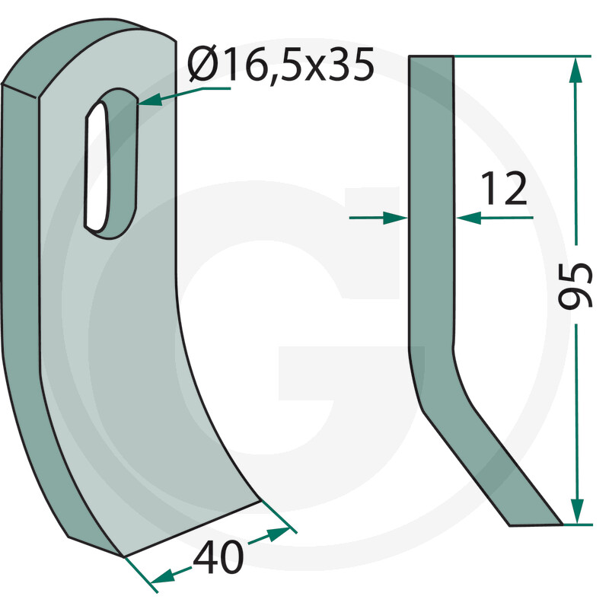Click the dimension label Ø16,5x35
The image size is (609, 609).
tap(280, 64)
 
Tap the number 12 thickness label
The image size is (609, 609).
tap(504, 189)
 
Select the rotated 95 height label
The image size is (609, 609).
tap(576, 285)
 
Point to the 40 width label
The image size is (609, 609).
tap(218, 558)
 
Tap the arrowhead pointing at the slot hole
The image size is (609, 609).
tap(148, 100)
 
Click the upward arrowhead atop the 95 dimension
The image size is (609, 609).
tap(576, 70)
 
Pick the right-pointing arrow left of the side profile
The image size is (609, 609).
tap(378, 218)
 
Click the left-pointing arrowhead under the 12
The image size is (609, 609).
tap(469, 218)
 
